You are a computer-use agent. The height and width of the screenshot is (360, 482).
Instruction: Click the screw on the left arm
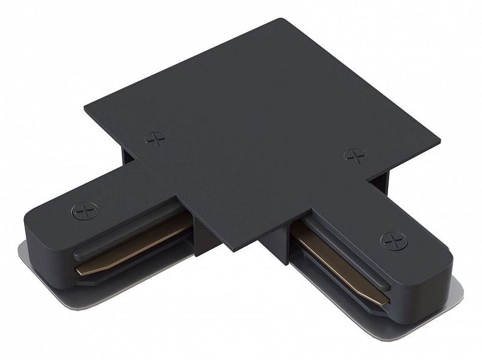point(84,211)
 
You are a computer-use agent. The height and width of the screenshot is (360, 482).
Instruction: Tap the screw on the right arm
point(393,241)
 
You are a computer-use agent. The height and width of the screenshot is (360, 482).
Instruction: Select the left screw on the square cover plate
point(156,140)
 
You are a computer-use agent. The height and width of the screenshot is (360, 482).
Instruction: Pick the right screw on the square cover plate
point(355,156)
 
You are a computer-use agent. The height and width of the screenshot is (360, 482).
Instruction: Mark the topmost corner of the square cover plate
point(282,20)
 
